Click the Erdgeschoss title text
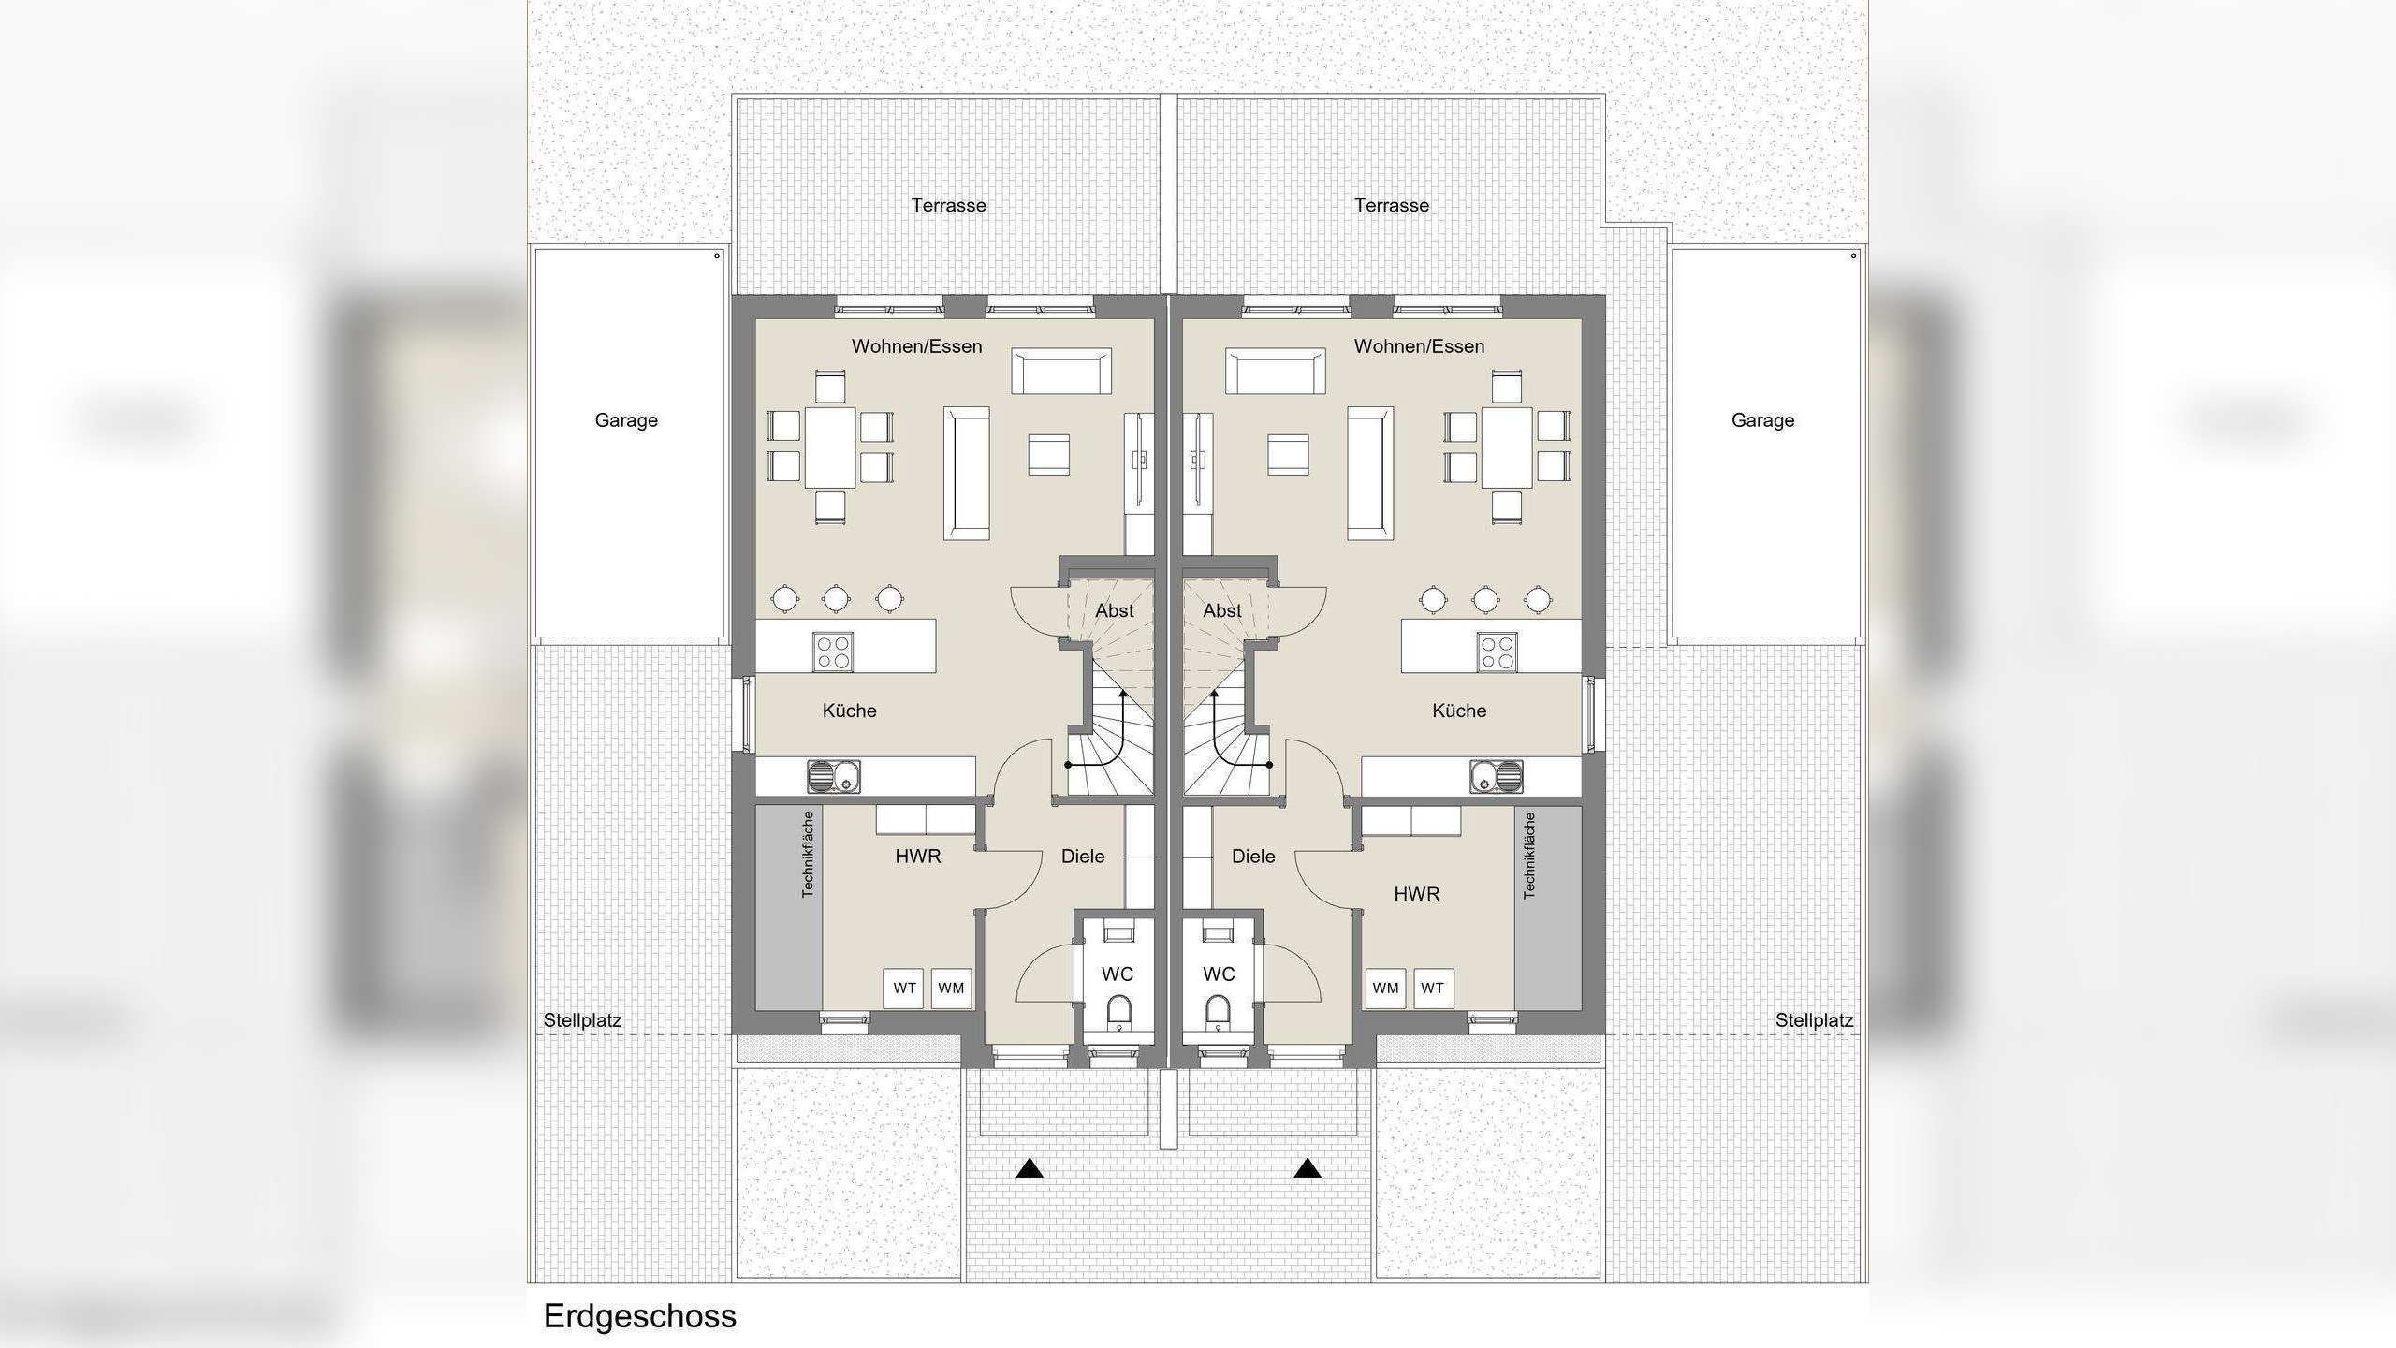tap(639, 1316)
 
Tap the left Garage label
tap(626, 420)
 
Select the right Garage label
tap(1762, 420)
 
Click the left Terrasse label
tap(948, 205)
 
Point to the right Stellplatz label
tap(1814, 1020)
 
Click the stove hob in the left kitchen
tap(832, 652)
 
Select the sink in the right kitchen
tap(1496, 776)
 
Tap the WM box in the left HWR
tap(951, 988)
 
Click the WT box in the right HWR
tap(1432, 988)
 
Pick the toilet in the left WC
tap(1118, 1012)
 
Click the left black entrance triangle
tap(1030, 1168)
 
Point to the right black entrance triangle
tap(1308, 1168)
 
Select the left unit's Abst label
tap(1114, 610)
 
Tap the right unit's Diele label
tap(1253, 856)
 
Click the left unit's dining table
tap(830, 447)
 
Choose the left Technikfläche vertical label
tap(808, 854)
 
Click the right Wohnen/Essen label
tap(1419, 346)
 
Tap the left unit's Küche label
tap(849, 711)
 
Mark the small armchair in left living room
tap(1048, 455)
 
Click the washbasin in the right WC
tap(1218, 933)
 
